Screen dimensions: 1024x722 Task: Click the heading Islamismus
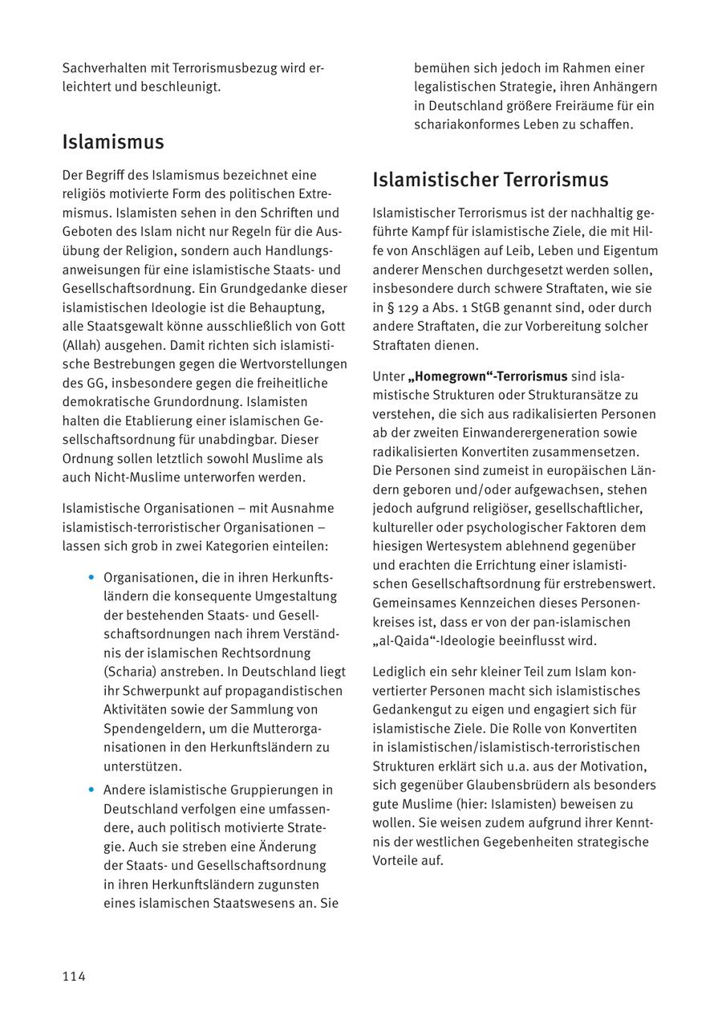pos(113,142)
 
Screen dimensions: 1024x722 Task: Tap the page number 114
pos(74,976)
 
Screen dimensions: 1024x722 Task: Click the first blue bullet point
pos(91,578)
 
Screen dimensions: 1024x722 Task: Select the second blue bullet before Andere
pos(91,790)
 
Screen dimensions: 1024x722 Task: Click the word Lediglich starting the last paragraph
pos(402,671)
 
